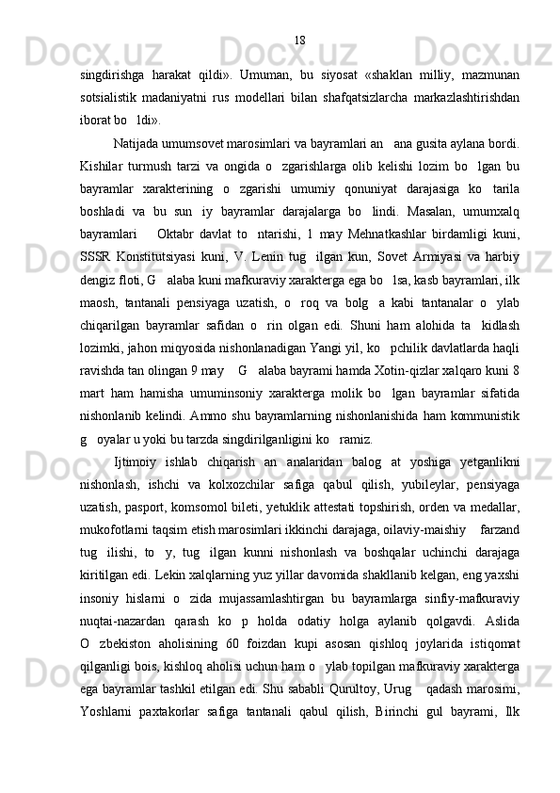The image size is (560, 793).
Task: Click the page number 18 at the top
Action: point(299,40)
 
